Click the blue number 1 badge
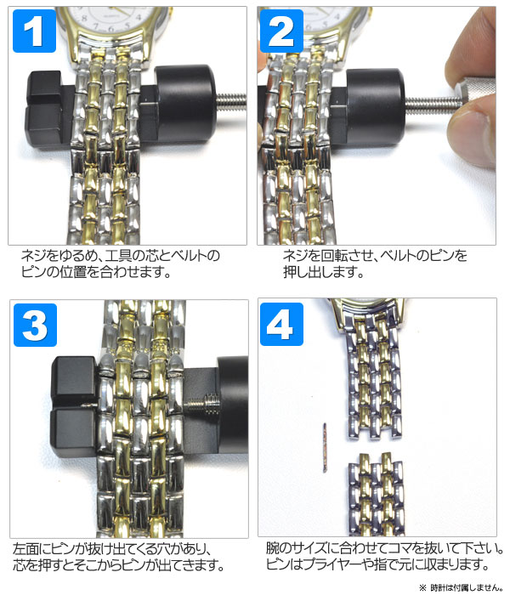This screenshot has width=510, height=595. tap(34, 31)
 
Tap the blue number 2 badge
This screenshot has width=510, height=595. tap(281, 31)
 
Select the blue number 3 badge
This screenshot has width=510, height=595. tap(35, 325)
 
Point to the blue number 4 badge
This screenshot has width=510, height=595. tap(281, 324)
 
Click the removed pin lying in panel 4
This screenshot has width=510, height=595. tap(325, 448)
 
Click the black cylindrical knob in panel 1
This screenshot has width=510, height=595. tap(186, 103)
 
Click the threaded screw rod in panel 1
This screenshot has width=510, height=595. tap(231, 102)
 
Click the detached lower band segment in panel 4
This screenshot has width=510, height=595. tap(376, 494)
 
